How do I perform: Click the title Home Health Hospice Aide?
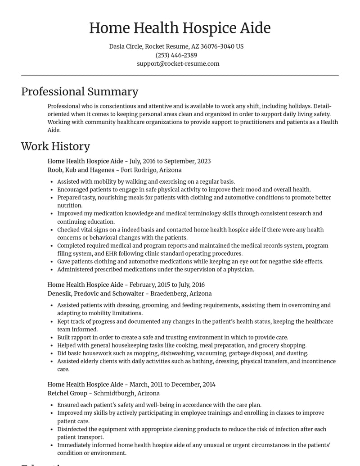click(x=180, y=28)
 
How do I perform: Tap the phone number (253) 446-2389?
click(x=176, y=55)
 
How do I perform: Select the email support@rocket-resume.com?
click(x=178, y=63)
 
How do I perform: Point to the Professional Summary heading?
click(x=80, y=91)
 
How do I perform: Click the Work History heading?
click(x=55, y=146)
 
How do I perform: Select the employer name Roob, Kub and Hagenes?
click(x=81, y=170)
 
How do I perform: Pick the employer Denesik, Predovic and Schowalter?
click(x=96, y=293)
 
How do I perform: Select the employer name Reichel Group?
click(x=67, y=393)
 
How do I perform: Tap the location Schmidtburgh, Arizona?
click(x=126, y=393)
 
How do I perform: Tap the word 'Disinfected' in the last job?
click(x=73, y=429)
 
